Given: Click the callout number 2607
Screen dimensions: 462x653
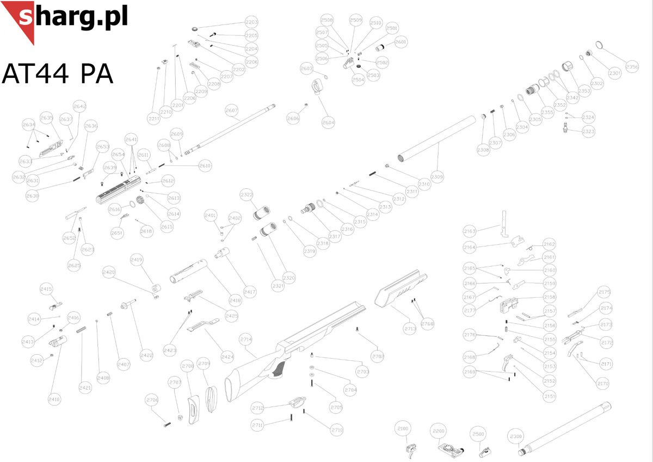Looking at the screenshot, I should (232, 110).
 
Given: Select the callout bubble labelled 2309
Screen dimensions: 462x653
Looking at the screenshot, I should (437, 177).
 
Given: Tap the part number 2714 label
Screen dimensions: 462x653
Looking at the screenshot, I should (246, 339).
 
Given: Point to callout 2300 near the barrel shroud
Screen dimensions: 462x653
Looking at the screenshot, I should (515, 437).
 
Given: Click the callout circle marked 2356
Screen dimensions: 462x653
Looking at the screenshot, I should (632, 67).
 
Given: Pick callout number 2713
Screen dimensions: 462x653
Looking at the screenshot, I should (410, 328).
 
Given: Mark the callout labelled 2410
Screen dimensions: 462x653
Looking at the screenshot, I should (54, 399).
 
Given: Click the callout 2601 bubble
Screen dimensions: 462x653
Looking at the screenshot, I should (401, 42).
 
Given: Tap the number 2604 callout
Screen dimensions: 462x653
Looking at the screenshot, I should (328, 123).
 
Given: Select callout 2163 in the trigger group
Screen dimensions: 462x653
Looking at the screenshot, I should (469, 231).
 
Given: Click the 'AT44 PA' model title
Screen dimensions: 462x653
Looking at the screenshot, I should (58, 73).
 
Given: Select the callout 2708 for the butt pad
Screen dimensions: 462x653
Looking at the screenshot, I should (188, 366).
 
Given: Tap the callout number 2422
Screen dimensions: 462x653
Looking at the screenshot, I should (146, 355).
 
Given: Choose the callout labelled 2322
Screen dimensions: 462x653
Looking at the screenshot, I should (247, 195).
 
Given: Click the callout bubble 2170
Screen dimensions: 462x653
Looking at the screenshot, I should (602, 384).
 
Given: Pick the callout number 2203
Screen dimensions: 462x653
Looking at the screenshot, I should (251, 22).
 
